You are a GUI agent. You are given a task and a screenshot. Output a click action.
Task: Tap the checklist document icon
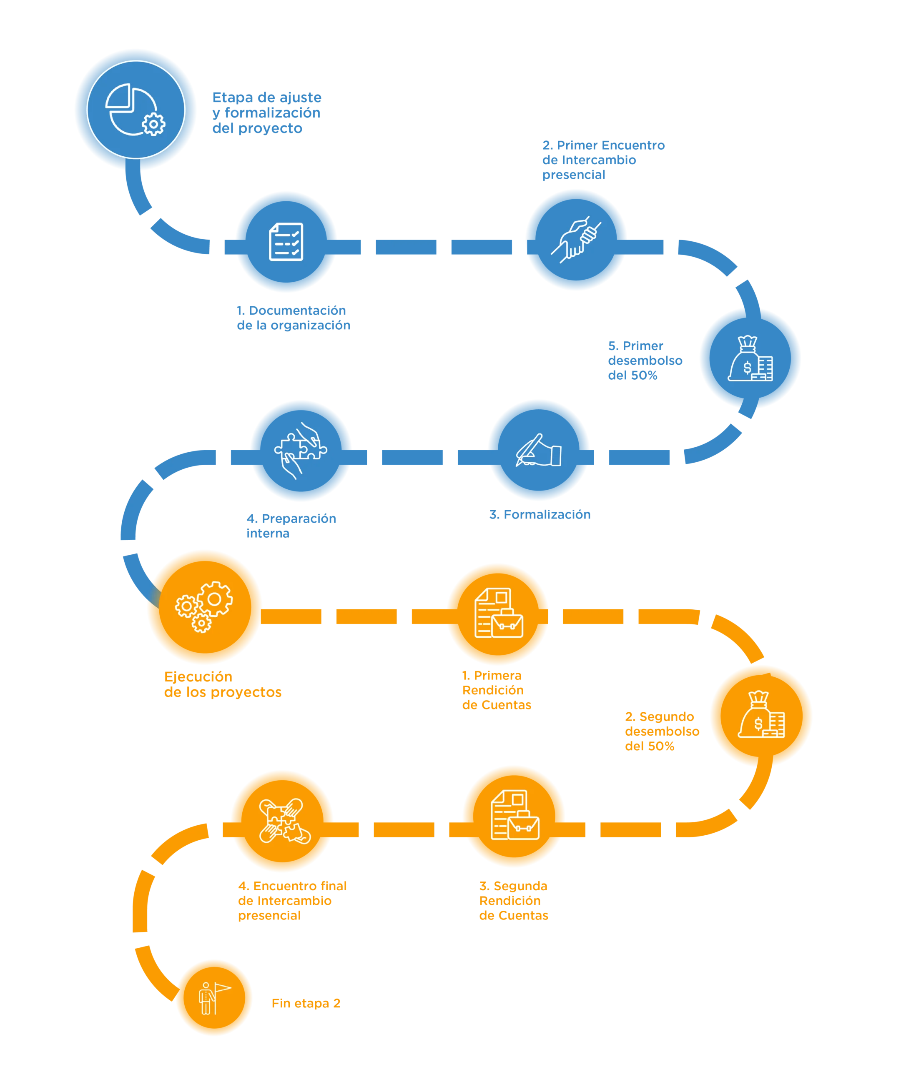286,242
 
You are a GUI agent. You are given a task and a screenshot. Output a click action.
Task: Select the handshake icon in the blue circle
576,240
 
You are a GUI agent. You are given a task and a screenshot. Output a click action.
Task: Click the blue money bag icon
750,359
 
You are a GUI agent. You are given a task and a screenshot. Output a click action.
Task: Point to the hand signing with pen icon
538,450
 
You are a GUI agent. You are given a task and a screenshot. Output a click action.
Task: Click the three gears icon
204,606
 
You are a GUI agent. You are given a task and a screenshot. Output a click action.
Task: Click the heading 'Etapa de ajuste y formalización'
266,113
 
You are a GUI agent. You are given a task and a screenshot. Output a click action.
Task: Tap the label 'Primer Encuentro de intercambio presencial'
603,160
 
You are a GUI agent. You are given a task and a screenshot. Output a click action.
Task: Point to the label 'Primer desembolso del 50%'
645,360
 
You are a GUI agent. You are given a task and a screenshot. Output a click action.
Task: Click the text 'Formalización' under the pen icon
539,514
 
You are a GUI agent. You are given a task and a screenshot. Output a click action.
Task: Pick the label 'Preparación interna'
291,526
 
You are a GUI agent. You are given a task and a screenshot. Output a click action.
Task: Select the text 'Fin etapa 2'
306,1004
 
